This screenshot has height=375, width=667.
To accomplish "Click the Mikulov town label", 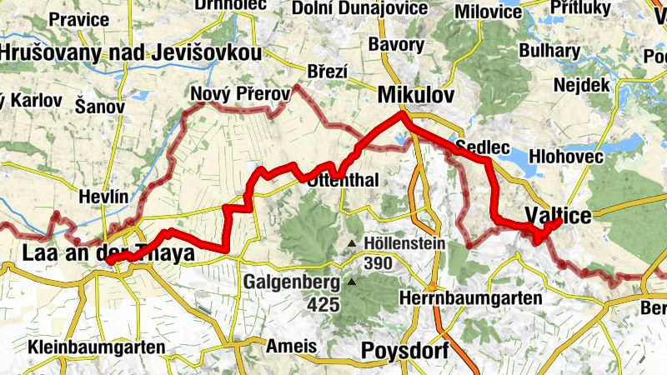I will pos(416,95).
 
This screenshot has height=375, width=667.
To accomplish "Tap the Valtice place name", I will pos(558,216).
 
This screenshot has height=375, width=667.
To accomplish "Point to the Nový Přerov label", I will pos(240,94).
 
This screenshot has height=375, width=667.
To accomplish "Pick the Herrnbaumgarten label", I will pos(471,297).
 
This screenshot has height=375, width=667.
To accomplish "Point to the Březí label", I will pos(327,72).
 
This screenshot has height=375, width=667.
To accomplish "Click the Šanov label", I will pos(99,107).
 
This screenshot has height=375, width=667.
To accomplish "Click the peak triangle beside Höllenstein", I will pos(352,244).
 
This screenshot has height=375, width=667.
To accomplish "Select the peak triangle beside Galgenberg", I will pos(352,282).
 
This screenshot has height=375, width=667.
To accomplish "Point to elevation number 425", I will pos(323,304).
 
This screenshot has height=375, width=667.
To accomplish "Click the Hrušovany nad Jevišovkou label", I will pos(131,53).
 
